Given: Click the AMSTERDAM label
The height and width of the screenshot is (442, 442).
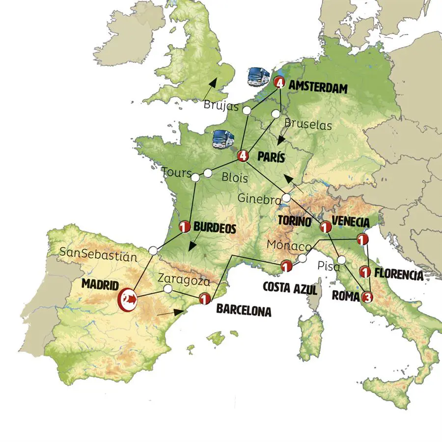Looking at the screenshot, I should click(x=318, y=88).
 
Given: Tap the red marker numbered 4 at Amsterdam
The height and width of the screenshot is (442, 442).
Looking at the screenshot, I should click(x=279, y=83).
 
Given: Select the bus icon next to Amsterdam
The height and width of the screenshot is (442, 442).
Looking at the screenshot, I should click(x=259, y=77).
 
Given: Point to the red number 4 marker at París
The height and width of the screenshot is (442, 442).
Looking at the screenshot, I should click(x=242, y=156).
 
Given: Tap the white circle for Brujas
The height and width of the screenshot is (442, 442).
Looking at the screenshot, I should click(x=248, y=111).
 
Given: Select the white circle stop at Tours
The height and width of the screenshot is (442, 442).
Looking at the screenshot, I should click(x=195, y=177).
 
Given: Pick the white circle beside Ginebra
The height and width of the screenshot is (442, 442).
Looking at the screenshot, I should click(x=286, y=198).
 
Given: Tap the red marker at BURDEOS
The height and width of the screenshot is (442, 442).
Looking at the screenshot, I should click(x=185, y=227).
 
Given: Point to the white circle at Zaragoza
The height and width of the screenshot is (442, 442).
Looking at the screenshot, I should click(x=167, y=289).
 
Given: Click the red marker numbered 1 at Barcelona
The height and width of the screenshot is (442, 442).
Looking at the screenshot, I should click(x=205, y=298).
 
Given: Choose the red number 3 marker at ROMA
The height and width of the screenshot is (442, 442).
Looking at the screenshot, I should click(x=366, y=297).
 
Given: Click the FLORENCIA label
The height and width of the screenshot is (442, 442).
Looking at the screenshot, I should click(x=398, y=275).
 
